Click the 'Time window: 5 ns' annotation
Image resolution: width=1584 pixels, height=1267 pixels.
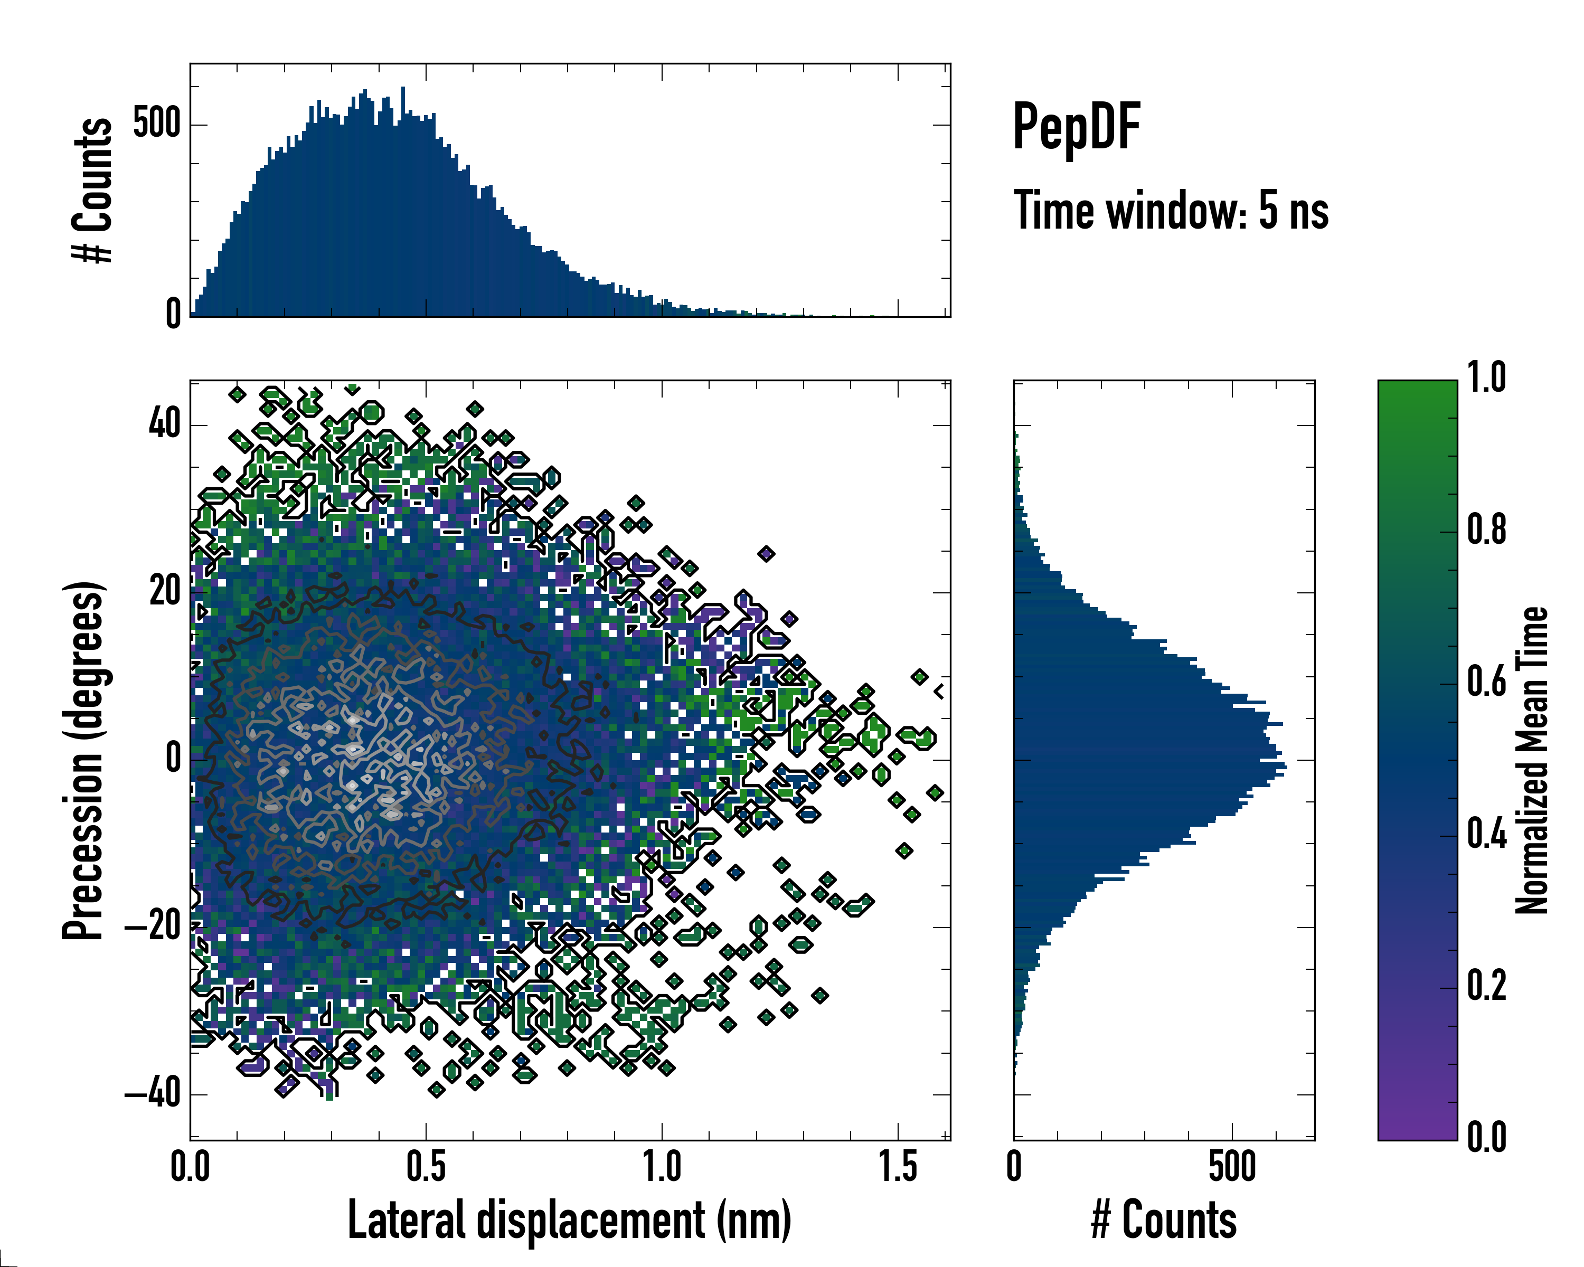1171,211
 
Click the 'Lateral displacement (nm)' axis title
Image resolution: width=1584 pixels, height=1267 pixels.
569,1220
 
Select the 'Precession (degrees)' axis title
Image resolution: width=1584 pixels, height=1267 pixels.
82,760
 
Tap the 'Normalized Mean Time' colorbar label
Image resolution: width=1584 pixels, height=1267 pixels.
1533,760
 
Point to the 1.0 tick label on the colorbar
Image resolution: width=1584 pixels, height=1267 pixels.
1487,379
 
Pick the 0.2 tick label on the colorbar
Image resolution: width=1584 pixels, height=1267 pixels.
1487,986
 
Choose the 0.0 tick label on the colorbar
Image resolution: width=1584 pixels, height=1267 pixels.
1487,1137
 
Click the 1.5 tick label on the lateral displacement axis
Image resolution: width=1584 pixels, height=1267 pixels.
898,1167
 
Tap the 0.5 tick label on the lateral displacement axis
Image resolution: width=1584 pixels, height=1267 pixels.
426,1167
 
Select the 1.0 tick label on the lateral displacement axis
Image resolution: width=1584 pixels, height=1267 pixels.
662,1167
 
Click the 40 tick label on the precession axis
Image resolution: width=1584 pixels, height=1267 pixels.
165,424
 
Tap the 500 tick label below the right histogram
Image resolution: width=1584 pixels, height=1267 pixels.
1232,1167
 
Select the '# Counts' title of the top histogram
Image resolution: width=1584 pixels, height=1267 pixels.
92,190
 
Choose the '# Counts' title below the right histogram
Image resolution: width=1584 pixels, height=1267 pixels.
1164,1220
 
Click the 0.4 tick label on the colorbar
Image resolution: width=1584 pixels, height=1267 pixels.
1487,835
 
